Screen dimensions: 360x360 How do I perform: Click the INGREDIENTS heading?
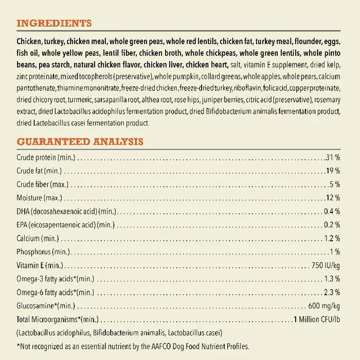point(54,23)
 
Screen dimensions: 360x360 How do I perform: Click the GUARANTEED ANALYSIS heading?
point(80,141)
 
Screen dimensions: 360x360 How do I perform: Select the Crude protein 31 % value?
point(332,156)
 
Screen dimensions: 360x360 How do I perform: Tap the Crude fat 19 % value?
point(332,170)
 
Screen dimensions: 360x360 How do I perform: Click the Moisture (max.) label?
point(39,197)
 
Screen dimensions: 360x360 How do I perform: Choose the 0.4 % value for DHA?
point(332,211)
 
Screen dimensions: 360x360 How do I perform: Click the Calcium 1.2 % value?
point(332,238)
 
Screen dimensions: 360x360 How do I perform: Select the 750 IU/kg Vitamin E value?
point(326,265)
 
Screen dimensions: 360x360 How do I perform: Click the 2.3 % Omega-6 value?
point(332,292)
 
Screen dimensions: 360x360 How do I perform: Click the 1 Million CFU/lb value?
point(316,319)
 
